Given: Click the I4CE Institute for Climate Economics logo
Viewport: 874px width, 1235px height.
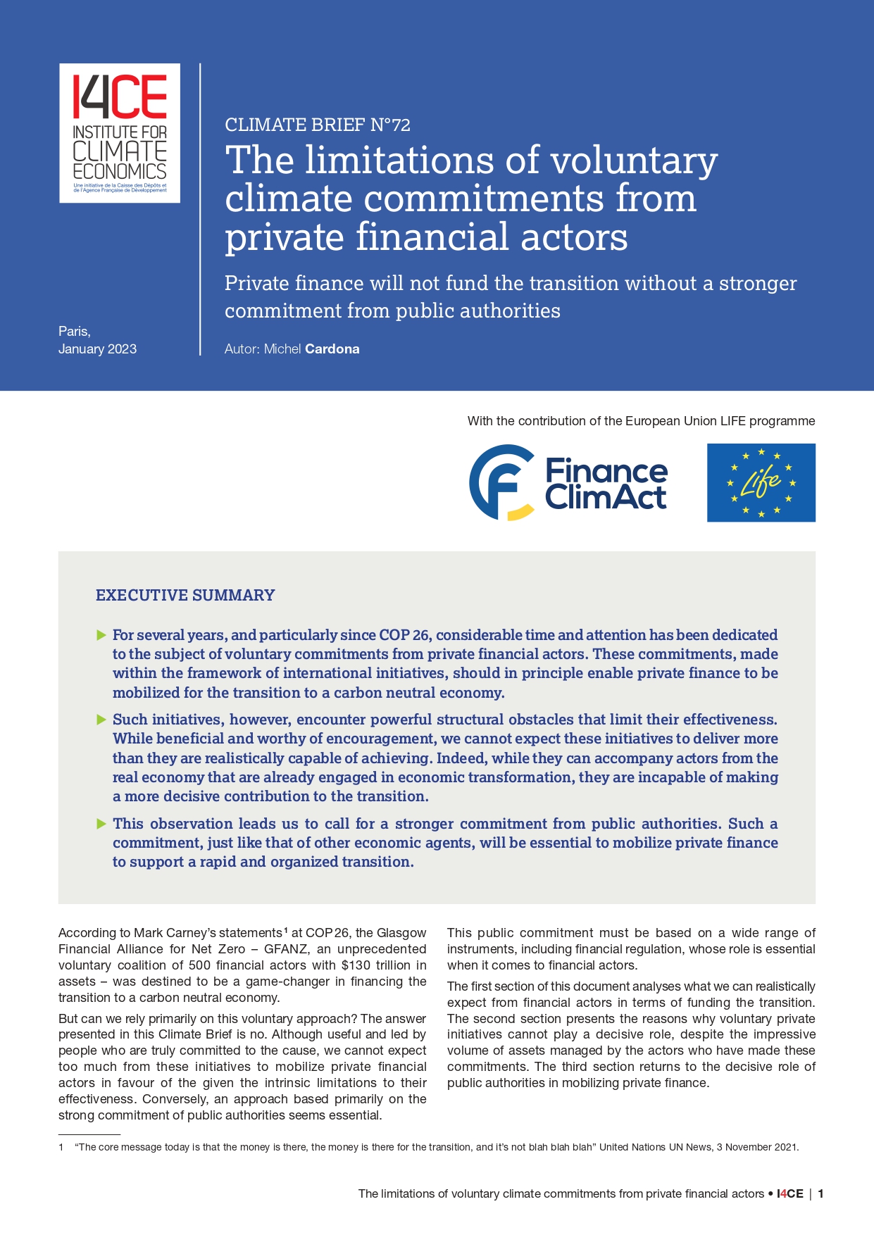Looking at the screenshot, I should (x=120, y=133).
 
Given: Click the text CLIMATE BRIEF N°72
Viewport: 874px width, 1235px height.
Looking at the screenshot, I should (x=317, y=125).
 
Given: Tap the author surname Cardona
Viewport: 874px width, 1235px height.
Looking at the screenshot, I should (x=332, y=349).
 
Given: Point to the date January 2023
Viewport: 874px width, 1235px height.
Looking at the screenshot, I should (x=97, y=349).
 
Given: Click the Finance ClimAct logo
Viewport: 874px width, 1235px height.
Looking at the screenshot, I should (x=568, y=483).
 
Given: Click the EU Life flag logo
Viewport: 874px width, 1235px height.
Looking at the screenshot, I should (x=761, y=483).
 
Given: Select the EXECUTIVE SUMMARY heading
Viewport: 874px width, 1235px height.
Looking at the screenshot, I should (x=185, y=596).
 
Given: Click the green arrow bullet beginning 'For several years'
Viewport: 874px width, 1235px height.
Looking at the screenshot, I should (x=101, y=636).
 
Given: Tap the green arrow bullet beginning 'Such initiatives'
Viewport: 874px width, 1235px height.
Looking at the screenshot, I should (x=101, y=720).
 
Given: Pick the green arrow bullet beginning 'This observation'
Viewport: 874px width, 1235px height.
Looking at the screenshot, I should (x=101, y=824).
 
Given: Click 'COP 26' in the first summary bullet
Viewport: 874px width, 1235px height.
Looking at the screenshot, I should (x=404, y=635).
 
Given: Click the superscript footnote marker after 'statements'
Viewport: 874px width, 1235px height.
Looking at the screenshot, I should (x=286, y=930).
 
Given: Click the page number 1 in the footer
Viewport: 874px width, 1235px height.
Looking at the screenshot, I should (x=820, y=1194).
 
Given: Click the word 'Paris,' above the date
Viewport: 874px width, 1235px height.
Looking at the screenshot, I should (x=75, y=332).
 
